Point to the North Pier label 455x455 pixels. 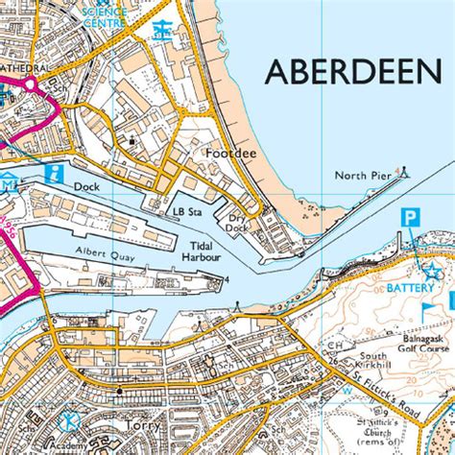tap(362, 176)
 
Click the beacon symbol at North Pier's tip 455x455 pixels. tap(404, 173)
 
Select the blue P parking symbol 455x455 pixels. tap(411, 218)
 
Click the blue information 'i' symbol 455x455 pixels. tap(54, 174)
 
